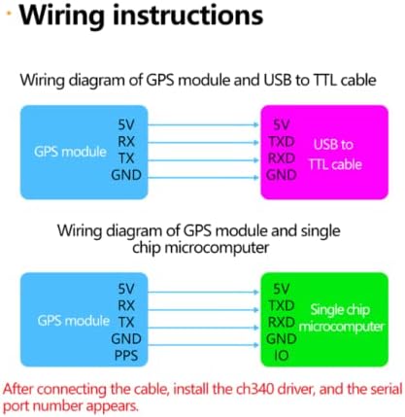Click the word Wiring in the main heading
62,16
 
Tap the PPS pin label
126,356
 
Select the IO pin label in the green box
281,356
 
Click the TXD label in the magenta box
282,142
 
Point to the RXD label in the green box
281,322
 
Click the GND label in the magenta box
281,175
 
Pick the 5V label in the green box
281,289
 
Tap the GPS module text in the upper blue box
70,152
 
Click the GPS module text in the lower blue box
74,321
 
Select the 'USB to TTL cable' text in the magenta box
334,155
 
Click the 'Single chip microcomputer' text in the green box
341,318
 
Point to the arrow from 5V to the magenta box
204,124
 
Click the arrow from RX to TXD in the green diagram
204,310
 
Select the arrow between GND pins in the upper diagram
204,177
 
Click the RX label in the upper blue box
126,142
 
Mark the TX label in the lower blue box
126,322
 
